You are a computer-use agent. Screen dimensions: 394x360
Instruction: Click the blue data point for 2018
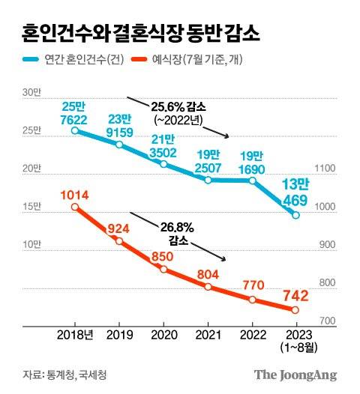[x=75, y=130]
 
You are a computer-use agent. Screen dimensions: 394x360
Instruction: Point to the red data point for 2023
[x=295, y=310]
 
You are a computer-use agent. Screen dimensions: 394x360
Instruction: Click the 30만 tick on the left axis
[x=31, y=93]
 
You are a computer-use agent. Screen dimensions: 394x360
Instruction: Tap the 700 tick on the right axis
[x=331, y=321]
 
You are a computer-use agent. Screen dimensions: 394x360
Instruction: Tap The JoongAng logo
[x=294, y=374]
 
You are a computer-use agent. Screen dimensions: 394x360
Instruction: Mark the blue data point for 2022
[x=253, y=181]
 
